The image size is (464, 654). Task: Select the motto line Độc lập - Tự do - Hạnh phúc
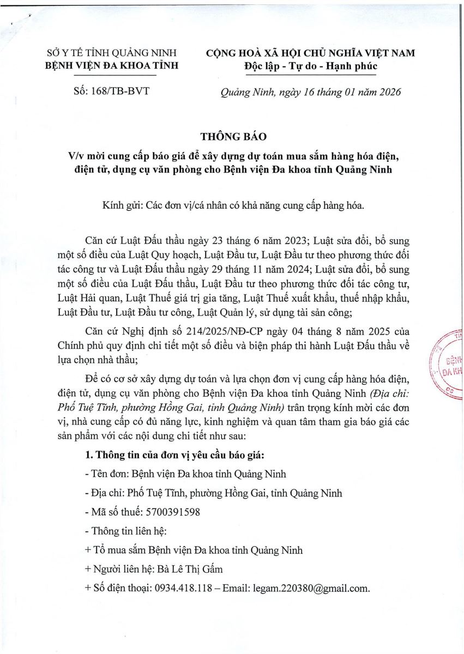coord(310,66)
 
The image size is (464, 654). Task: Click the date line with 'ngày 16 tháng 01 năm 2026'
coord(310,92)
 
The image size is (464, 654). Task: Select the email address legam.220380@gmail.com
coord(311,588)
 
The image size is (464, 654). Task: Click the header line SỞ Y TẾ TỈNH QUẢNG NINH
coord(112,53)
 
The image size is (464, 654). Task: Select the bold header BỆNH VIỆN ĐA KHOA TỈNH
coord(112,66)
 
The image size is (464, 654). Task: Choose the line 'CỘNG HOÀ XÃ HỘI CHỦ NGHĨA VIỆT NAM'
coord(310,53)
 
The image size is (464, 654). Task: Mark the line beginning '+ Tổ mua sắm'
coord(194,550)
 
